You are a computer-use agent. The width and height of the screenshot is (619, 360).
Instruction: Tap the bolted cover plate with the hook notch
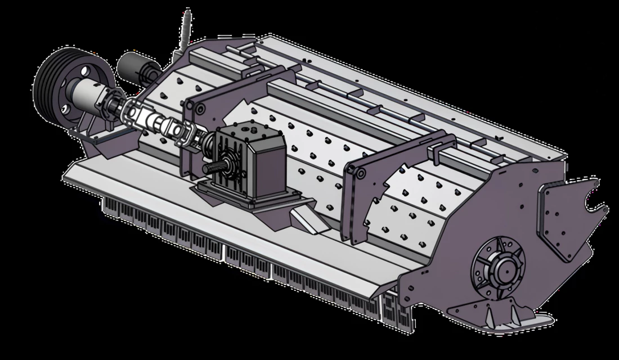(x=568, y=219)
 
